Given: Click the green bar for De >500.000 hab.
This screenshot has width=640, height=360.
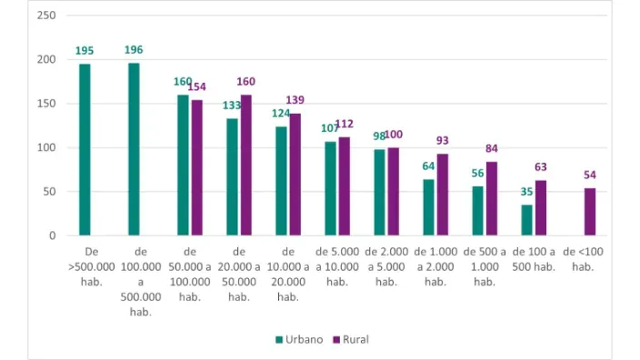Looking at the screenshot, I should pos(85,150).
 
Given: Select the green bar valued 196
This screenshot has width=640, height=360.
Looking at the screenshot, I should pos(134,149).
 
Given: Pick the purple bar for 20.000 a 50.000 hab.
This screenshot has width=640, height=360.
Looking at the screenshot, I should pos(245,165).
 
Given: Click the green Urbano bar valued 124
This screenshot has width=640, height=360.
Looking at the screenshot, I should pos(282,181).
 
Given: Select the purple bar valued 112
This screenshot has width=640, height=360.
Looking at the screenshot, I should pos(344,186).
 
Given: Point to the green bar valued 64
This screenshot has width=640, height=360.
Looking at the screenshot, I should pos(429,207).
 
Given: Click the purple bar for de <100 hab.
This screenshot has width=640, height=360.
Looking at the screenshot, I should pos(589,212).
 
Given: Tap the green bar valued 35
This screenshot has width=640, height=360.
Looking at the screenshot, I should pos(527,220).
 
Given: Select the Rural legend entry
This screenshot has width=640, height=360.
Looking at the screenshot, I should pos(350,339).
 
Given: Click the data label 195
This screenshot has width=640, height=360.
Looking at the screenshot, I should pos(85,51).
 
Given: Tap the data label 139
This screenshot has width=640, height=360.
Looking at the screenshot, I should pos(295,99).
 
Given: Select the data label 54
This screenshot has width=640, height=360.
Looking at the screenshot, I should pos(589,175).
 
